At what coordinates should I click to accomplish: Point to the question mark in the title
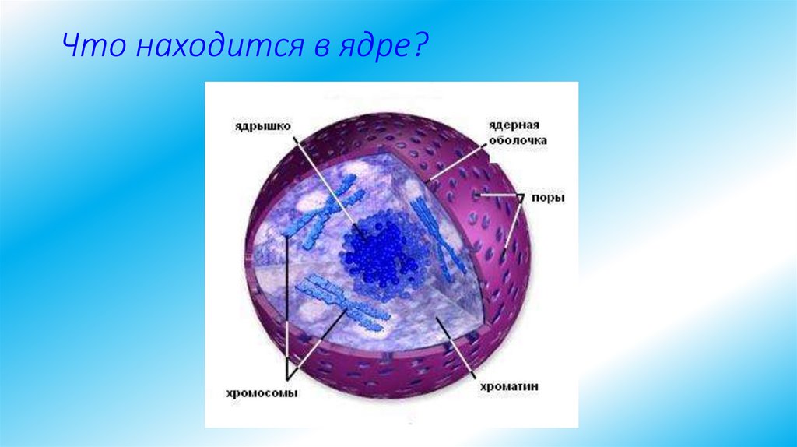[x=419, y=48]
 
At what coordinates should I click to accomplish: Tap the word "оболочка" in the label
[x=518, y=140]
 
